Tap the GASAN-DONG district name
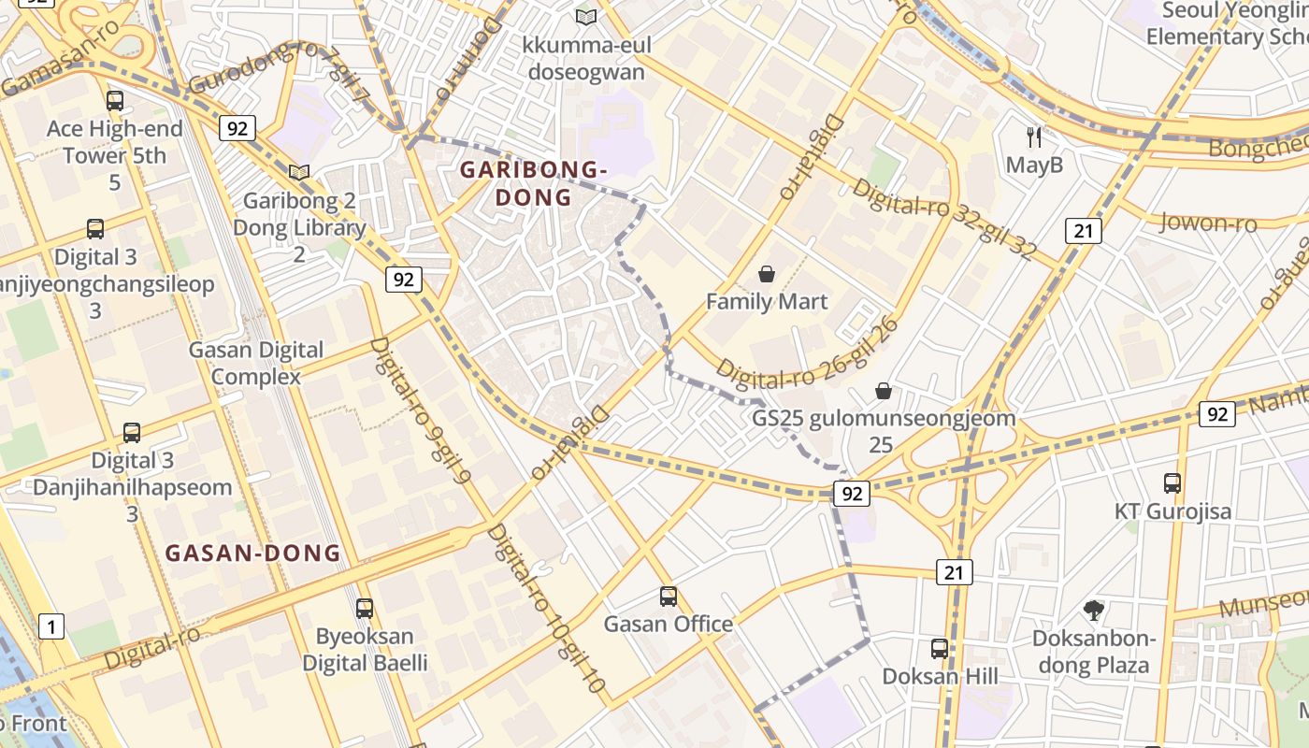click(253, 553)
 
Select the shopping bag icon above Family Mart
click(767, 274)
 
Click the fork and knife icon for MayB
click(1034, 137)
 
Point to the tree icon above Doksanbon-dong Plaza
click(1093, 611)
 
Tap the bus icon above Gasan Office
click(668, 597)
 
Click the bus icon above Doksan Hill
click(940, 649)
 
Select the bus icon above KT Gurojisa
click(1172, 483)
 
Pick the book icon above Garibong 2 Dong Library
click(299, 173)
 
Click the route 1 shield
click(51, 626)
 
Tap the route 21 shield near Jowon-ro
click(1083, 231)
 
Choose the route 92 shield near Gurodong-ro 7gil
click(237, 128)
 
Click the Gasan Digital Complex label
click(256, 363)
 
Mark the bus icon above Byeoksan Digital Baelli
click(365, 608)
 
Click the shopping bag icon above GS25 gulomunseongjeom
click(884, 391)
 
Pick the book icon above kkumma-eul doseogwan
click(586, 17)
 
